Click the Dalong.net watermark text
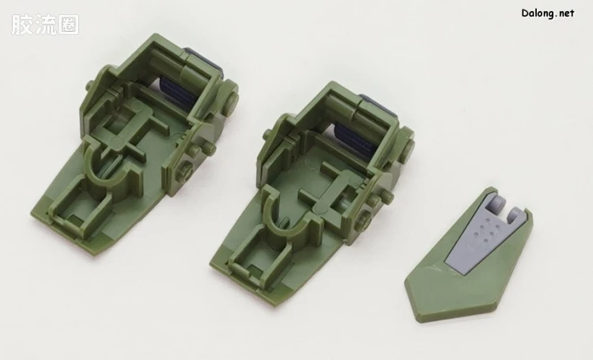click(x=548, y=13)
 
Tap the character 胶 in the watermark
click(x=21, y=25)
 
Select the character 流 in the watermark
click(x=45, y=25)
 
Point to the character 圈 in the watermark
click(x=69, y=25)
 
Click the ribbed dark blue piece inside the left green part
click(x=177, y=93)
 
